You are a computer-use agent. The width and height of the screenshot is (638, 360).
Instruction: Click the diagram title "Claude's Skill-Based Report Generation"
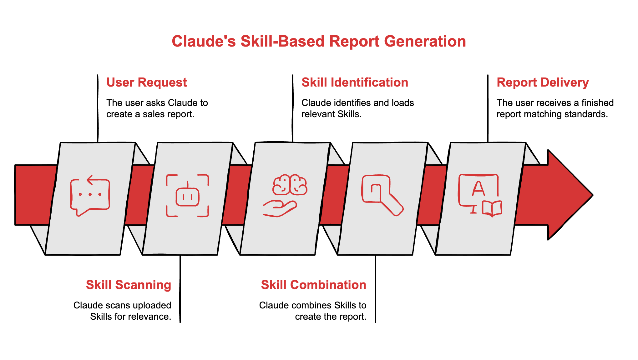(x=319, y=42)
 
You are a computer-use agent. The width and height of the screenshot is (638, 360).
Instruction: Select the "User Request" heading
(x=146, y=82)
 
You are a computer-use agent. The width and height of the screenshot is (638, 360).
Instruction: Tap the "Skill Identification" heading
(x=355, y=82)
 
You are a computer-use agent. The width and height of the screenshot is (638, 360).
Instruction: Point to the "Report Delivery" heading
(x=543, y=82)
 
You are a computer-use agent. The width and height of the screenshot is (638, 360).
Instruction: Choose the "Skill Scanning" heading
(x=129, y=285)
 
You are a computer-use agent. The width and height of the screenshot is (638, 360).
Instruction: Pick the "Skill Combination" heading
(x=313, y=285)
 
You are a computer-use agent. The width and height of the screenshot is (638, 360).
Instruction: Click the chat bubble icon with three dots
(x=90, y=195)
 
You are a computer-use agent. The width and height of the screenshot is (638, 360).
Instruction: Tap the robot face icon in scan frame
(x=187, y=196)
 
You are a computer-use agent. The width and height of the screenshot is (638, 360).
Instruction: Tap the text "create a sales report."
(x=150, y=114)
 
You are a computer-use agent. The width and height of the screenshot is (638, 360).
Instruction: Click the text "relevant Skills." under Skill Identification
(x=331, y=114)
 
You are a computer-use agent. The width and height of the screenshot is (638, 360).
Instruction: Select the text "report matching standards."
(x=552, y=114)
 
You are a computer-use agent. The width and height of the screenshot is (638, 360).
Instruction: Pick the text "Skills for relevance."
(x=130, y=317)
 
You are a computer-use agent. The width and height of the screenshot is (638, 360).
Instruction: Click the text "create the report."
(x=330, y=317)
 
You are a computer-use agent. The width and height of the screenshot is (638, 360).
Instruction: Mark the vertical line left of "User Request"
(x=98, y=108)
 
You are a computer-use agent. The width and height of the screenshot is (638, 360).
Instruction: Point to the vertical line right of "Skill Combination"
(x=375, y=289)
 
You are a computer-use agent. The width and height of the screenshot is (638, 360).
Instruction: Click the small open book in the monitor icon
(x=492, y=208)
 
